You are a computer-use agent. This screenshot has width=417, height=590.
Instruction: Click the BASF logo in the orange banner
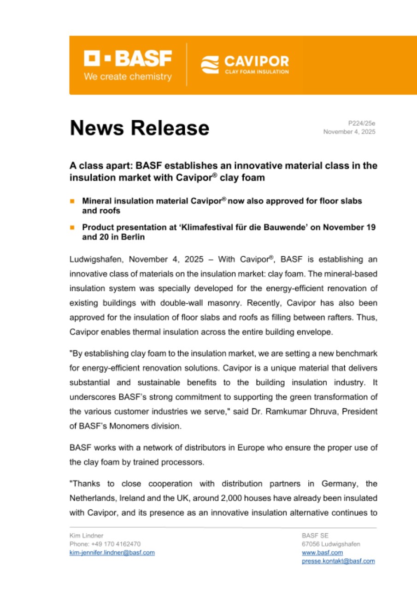click(127, 59)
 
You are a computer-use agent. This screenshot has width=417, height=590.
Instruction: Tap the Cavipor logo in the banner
click(245, 65)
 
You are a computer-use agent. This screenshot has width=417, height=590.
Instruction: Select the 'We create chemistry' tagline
click(127, 77)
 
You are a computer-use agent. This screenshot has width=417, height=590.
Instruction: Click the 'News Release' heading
click(139, 128)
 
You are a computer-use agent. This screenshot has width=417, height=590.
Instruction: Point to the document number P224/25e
click(362, 123)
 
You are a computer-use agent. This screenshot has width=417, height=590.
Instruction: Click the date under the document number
click(349, 132)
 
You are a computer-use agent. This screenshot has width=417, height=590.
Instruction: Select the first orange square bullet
click(72, 201)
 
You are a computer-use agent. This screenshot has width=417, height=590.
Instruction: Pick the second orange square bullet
click(72, 228)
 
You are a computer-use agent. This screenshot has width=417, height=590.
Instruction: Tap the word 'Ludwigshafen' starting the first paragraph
click(92, 260)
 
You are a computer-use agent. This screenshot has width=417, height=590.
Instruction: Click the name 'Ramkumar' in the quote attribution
click(301, 412)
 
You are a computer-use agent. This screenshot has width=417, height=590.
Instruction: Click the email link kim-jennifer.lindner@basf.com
click(112, 553)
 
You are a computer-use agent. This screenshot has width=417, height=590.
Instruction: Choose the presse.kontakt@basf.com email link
click(338, 561)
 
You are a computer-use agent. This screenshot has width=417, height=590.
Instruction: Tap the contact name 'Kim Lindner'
click(86, 536)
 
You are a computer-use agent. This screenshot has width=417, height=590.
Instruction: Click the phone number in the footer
click(105, 544)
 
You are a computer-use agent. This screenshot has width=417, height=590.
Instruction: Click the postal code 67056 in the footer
click(311, 544)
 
